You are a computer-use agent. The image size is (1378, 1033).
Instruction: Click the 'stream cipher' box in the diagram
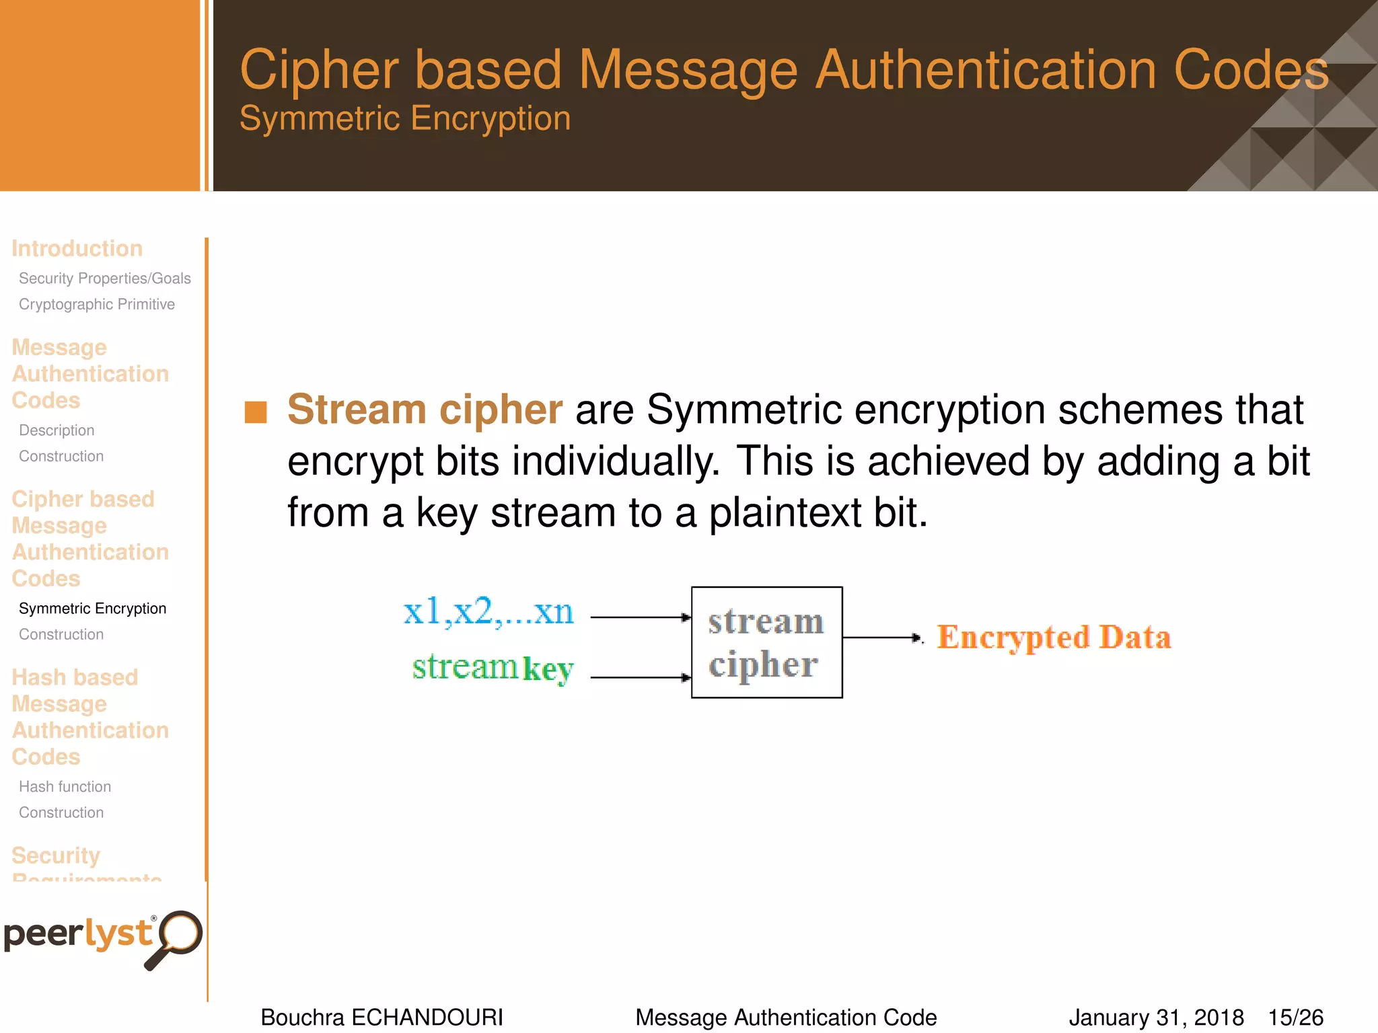[x=766, y=642]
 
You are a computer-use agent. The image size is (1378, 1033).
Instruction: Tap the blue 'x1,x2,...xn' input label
[x=488, y=612]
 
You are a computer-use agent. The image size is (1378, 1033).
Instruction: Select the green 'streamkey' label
[x=493, y=668]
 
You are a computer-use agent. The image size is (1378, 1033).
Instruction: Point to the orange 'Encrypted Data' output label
[x=1054, y=638]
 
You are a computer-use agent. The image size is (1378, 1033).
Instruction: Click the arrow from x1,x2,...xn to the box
[x=640, y=617]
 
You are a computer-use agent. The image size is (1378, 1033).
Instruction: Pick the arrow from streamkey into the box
[x=640, y=677]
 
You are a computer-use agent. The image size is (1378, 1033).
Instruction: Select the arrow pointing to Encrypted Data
[x=881, y=637]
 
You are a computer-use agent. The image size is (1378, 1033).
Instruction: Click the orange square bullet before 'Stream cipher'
[x=256, y=412]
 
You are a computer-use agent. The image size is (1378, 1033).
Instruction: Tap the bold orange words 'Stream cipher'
[x=425, y=409]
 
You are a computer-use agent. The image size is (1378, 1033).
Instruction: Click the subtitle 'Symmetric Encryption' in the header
[x=405, y=118]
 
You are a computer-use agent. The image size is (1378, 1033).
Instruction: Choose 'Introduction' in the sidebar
[x=77, y=248]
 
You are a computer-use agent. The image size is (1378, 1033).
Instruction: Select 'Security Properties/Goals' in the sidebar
[x=105, y=278]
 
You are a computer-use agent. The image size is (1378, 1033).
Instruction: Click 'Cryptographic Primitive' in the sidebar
[x=97, y=304]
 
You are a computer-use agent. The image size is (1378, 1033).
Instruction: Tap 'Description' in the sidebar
[x=57, y=430]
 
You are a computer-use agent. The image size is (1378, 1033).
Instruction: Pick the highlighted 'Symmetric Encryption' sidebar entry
[x=92, y=608]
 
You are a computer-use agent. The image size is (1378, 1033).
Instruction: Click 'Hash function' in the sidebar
[x=65, y=786]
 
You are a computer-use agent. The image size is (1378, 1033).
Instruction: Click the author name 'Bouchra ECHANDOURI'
[x=382, y=1017]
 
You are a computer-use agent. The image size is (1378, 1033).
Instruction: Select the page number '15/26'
[x=1295, y=1017]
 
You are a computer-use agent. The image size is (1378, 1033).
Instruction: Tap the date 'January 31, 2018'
[x=1156, y=1017]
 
